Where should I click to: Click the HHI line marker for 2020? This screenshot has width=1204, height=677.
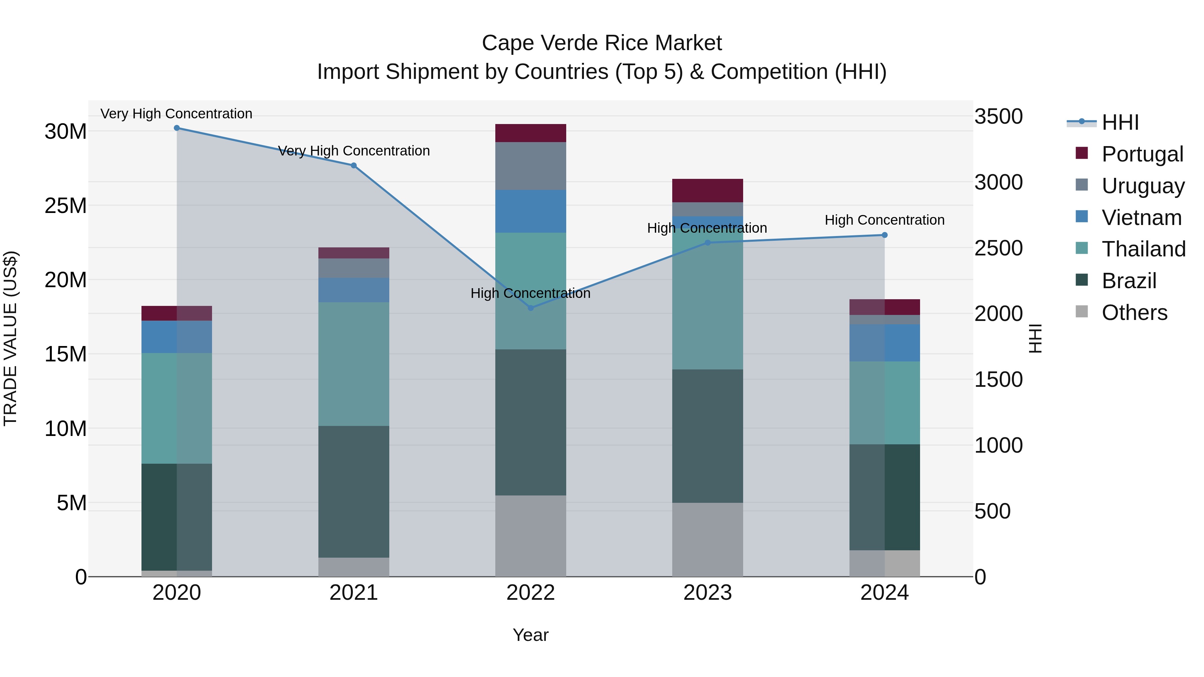[177, 128]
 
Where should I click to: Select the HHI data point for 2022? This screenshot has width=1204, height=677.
[530, 308]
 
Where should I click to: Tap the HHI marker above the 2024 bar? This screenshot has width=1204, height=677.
[884, 235]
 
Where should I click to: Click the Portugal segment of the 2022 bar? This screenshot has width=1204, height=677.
[530, 133]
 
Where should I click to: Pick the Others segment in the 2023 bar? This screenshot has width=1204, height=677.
[707, 540]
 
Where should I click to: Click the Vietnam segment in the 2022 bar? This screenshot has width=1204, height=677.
[530, 211]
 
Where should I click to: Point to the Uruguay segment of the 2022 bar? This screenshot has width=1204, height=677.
[530, 166]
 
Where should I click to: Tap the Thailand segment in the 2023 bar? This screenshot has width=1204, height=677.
[707, 304]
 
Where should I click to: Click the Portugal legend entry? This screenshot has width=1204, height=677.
[1142, 154]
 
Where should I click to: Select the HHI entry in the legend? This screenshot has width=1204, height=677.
[1120, 122]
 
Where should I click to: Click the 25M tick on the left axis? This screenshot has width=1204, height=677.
[66, 206]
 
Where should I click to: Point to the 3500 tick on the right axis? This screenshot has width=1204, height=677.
[998, 116]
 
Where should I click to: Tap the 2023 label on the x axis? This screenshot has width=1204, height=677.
[707, 593]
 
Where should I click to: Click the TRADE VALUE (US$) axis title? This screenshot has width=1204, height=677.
[10, 338]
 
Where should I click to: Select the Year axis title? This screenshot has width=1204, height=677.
[530, 635]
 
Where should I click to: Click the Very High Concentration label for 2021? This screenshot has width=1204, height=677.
[354, 151]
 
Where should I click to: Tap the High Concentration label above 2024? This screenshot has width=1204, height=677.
[884, 220]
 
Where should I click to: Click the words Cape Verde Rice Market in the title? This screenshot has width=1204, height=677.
[602, 43]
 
